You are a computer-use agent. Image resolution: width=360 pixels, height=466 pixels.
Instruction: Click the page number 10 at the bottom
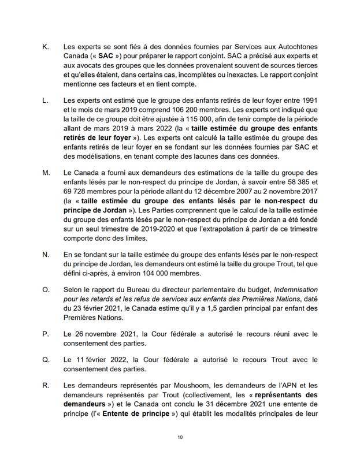(x=180, y=437)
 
